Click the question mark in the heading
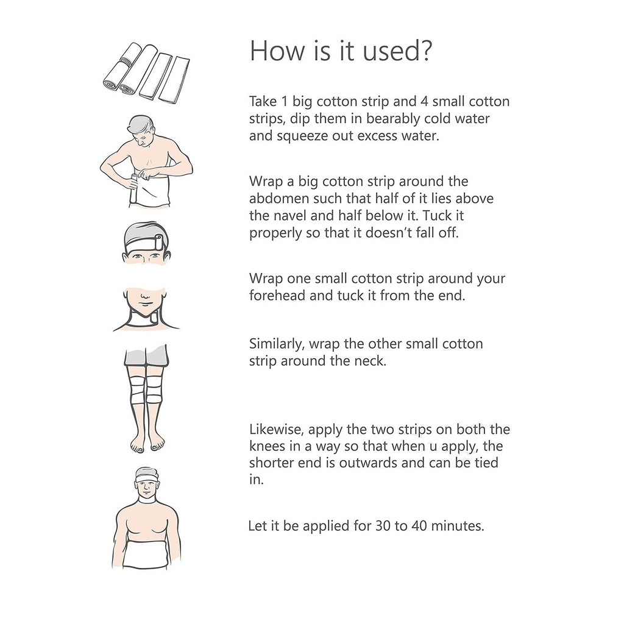425,51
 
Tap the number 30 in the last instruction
383,526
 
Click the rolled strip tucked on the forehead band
158,242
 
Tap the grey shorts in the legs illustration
146,356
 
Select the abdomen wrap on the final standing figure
146,554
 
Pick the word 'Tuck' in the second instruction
436,215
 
